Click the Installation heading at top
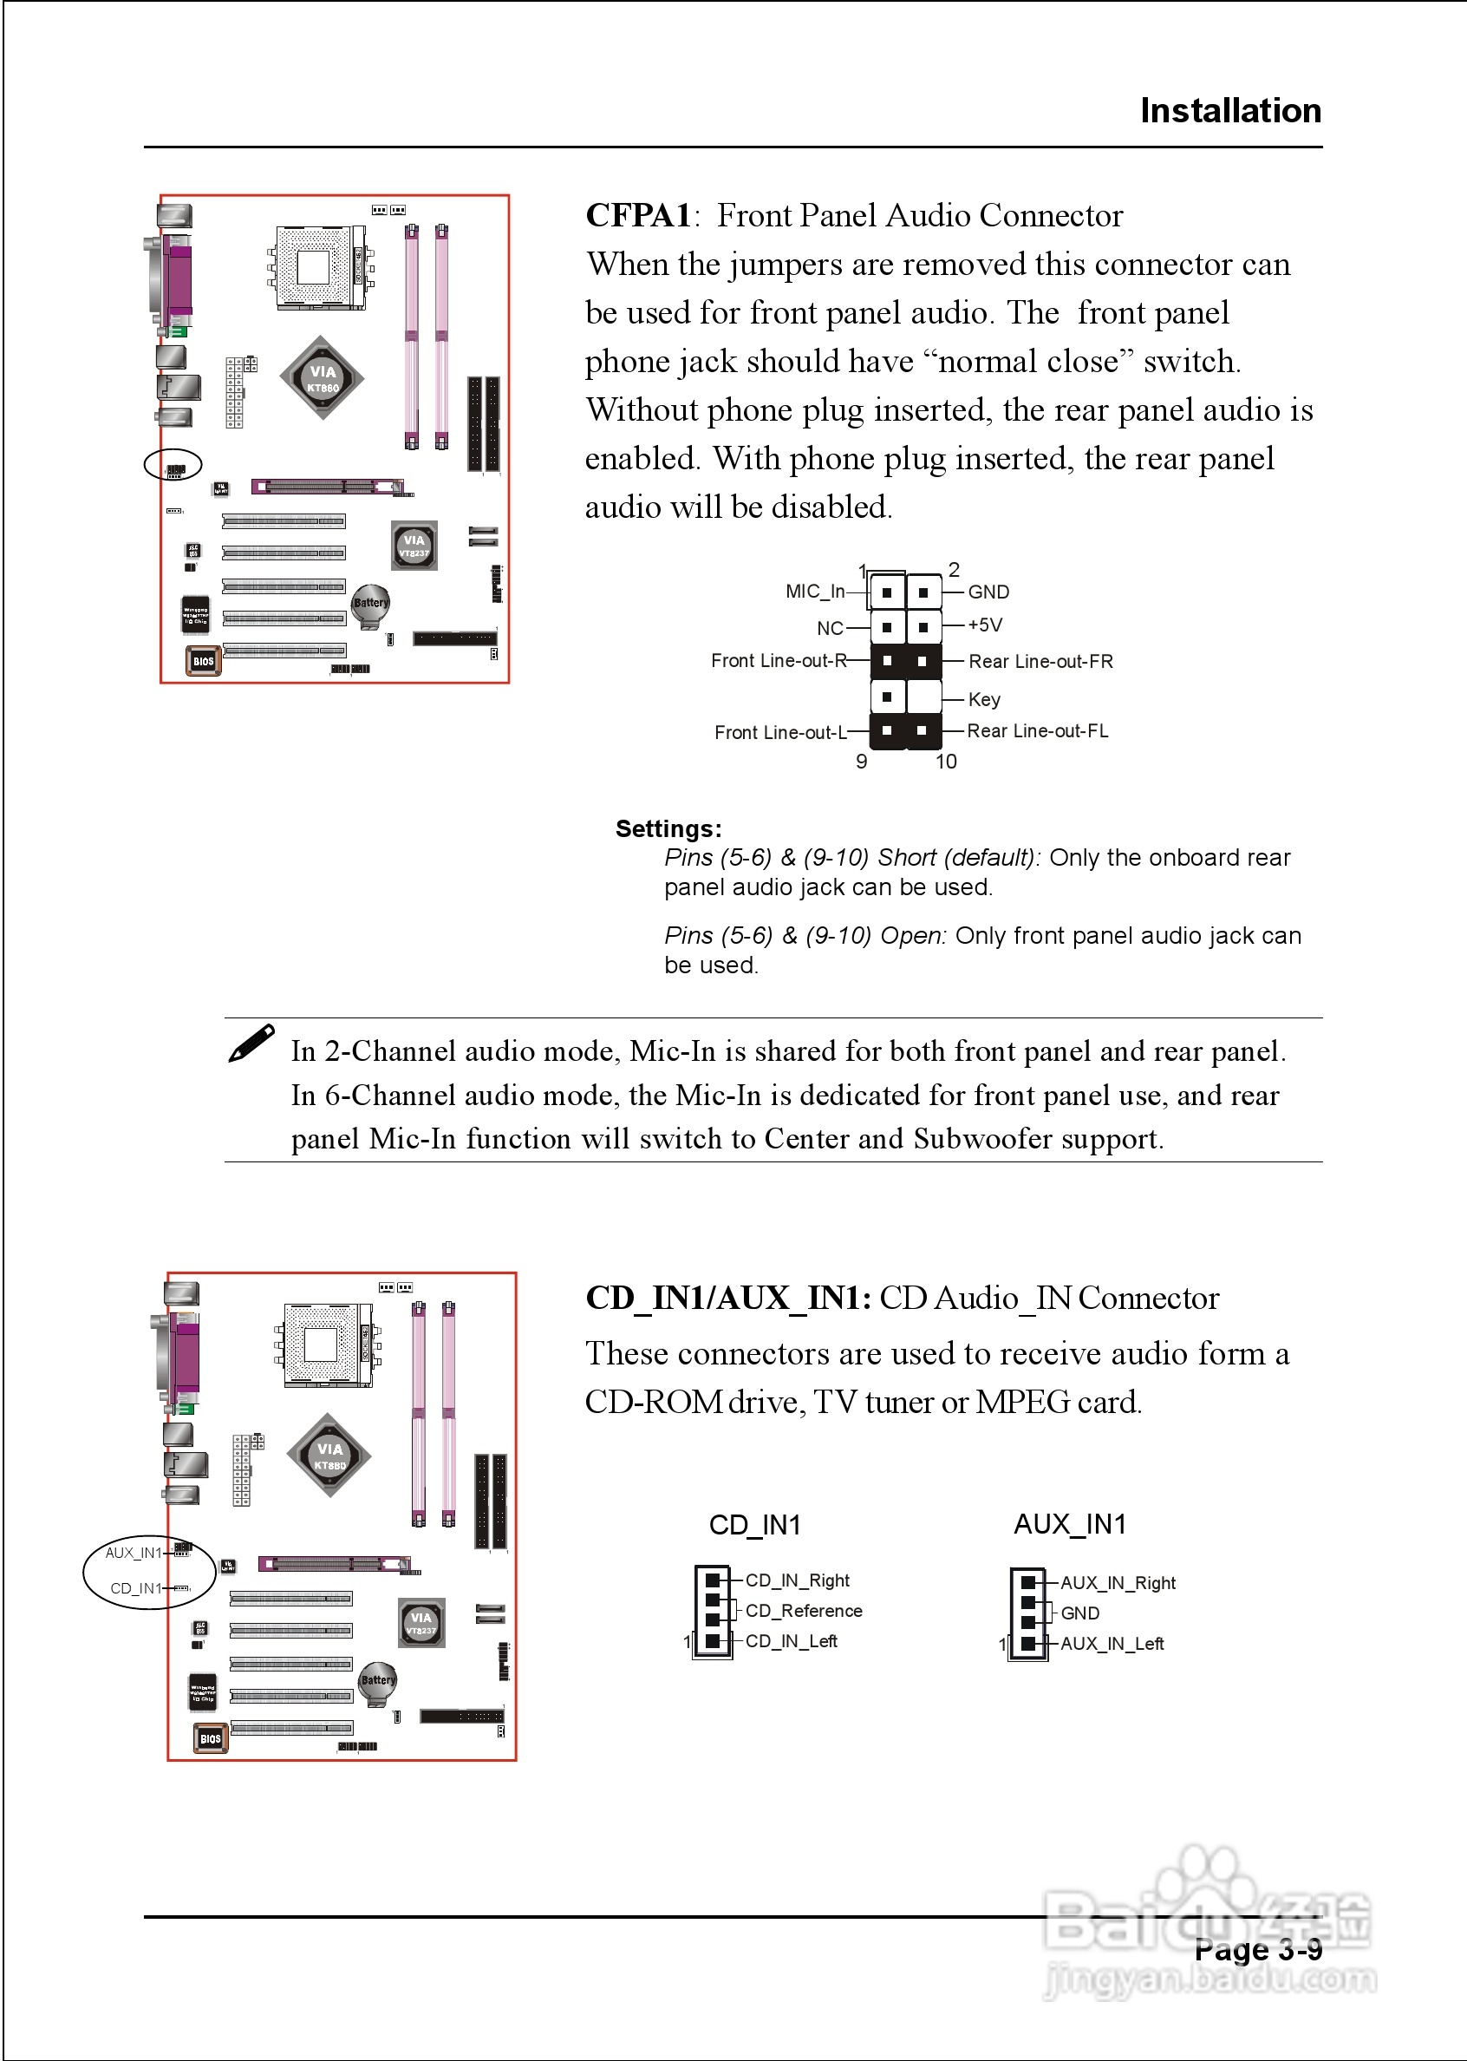[x=1229, y=110]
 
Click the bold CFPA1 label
[x=638, y=216]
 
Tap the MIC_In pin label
[x=815, y=592]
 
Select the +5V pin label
[x=985, y=625]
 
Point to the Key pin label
[x=984, y=699]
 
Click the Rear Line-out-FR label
[x=1040, y=661]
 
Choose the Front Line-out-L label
[x=779, y=732]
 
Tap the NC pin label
[x=829, y=628]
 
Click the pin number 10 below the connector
[x=945, y=762]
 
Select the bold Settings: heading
[x=668, y=828]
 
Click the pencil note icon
[x=251, y=1044]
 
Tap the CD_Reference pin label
[x=803, y=1611]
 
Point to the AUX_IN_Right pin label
[x=1118, y=1583]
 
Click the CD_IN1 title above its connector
[x=754, y=1525]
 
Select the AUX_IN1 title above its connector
[x=1070, y=1524]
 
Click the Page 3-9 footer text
[x=1257, y=1949]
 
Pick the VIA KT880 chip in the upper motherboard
[x=323, y=378]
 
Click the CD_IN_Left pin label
[x=791, y=1641]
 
